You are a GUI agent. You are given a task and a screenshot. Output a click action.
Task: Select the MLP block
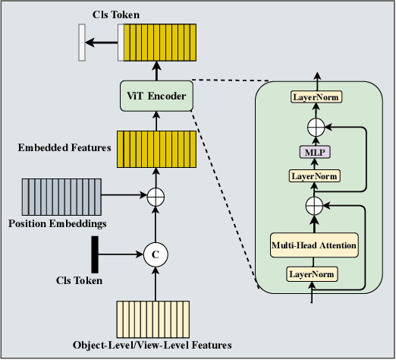point(316,153)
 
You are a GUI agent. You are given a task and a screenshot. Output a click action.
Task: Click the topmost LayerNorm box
point(316,97)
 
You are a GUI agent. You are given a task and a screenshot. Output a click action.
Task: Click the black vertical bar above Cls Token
point(95,254)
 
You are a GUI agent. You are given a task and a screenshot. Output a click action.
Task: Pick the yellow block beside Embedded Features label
point(156,149)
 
